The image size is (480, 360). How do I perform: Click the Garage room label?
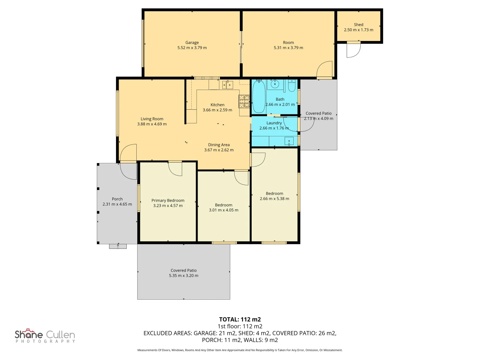pos(192,42)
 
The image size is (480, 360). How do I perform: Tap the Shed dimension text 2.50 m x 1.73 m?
pos(358,30)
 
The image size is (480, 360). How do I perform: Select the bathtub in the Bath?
pos(259,96)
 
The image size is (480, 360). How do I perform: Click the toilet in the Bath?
pos(291,85)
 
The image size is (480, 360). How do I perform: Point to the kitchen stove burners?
pos(244,101)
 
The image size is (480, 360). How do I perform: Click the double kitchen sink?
pos(227,85)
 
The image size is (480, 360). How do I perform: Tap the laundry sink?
pos(289,141)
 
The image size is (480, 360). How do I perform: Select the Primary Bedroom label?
pos(168,200)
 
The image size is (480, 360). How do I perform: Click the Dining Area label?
pos(219,145)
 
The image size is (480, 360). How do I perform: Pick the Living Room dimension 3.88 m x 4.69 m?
pos(152,124)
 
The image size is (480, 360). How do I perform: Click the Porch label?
pos(117,199)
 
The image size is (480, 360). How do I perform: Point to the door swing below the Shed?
pos(353,50)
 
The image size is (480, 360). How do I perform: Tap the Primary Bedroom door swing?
pos(175,169)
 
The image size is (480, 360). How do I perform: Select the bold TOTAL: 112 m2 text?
pos(240,319)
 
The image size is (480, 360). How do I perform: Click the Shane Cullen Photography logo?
pos(45,336)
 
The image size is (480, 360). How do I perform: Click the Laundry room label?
pos(274,123)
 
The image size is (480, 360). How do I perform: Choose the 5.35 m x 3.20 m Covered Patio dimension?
pos(183,275)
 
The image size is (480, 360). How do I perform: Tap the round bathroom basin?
pos(275,84)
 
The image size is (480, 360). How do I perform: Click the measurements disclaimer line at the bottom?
pos(240,350)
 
